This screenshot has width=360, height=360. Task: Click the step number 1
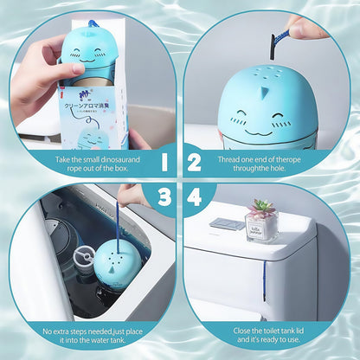[164, 162]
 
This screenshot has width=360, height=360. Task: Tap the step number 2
[195, 162]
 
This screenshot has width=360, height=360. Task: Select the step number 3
[164, 198]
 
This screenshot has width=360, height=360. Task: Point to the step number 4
[196, 198]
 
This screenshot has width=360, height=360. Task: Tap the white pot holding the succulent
[261, 228]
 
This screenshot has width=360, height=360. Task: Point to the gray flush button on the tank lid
[226, 224]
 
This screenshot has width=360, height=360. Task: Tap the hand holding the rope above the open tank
[134, 196]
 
